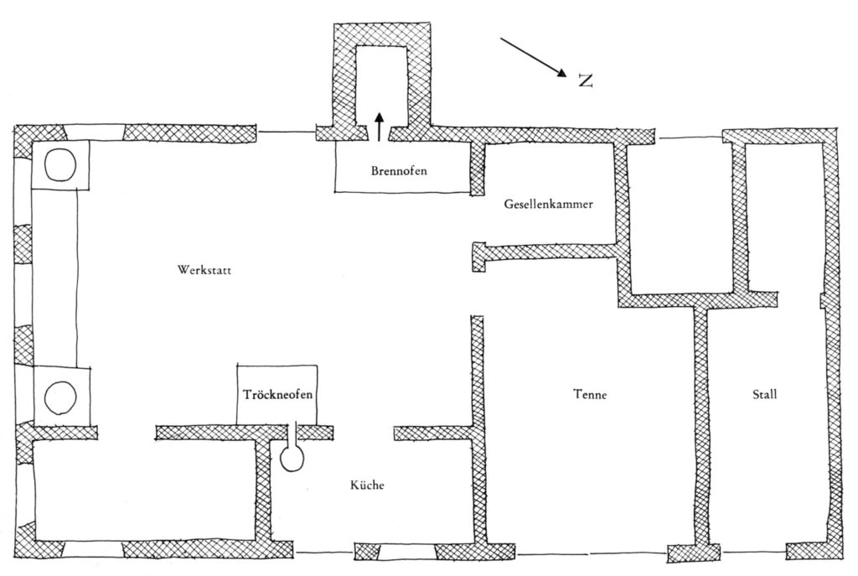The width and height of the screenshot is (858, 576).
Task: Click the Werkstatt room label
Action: coord(204,270)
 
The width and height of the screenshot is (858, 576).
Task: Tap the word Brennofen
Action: coord(400,171)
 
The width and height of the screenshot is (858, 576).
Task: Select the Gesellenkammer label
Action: coord(549,204)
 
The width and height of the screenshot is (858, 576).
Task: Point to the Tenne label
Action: coord(589,394)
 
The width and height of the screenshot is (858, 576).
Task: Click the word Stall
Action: coord(764,394)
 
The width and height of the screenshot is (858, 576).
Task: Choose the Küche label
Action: coord(366,485)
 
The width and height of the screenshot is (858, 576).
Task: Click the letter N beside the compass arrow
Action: coord(585,80)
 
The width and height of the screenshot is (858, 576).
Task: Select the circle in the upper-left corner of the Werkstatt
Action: coord(60,164)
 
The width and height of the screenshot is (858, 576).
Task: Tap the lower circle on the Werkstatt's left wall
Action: coord(60,396)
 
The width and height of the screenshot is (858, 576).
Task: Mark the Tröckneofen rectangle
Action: coord(277,407)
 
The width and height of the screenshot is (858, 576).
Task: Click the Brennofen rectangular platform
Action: coord(402,180)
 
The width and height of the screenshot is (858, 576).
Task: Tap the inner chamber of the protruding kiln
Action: coord(382,80)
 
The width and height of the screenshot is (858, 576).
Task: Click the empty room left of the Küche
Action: coord(142,490)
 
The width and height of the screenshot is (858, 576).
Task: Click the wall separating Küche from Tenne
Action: coord(478,470)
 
